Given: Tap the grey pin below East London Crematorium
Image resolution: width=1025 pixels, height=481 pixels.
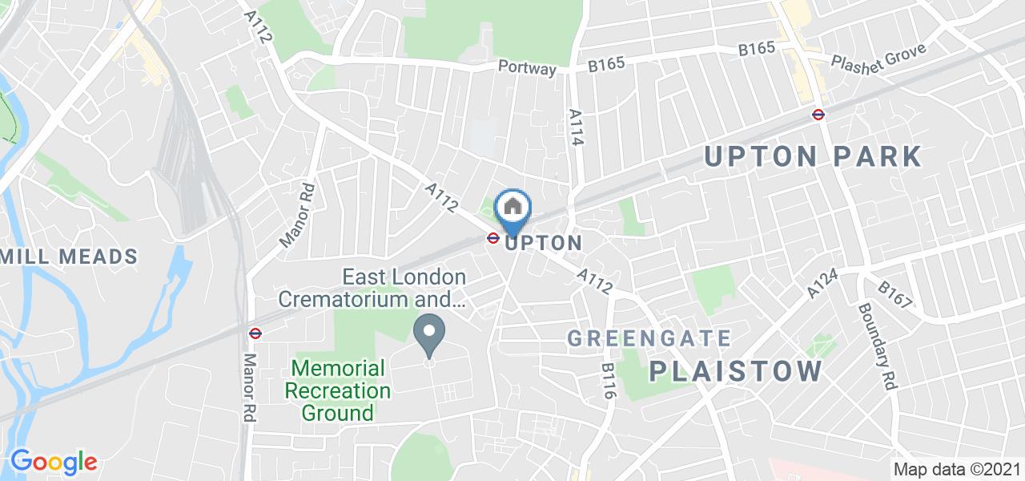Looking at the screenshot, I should point(429,334).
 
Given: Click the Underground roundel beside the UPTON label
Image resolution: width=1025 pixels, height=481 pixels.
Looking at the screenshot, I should point(493,237).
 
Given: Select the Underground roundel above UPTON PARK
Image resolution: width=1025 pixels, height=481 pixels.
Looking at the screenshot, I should point(818,114).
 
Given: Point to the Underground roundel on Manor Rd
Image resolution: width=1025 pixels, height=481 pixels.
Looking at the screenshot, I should point(255,333).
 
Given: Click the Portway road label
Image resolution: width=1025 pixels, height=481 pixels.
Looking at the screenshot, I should point(526,68).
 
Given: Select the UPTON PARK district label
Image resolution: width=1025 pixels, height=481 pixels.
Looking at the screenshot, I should point(814,156).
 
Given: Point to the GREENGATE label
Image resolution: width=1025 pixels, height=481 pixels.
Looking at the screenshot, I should point(649,338).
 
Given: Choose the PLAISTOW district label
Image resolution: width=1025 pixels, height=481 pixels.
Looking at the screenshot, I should point(735,370).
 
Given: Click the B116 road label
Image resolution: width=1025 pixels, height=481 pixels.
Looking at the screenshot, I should point(608,381).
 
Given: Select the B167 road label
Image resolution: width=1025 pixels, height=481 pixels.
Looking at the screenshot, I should point(894,294).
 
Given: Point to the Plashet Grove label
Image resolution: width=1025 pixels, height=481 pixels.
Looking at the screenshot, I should point(878,57).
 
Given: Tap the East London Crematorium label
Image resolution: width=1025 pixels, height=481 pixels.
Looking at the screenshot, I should point(404,288).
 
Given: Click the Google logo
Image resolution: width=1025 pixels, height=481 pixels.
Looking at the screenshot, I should point(53,462).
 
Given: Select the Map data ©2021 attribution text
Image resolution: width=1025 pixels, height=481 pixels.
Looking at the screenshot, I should point(956,470).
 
